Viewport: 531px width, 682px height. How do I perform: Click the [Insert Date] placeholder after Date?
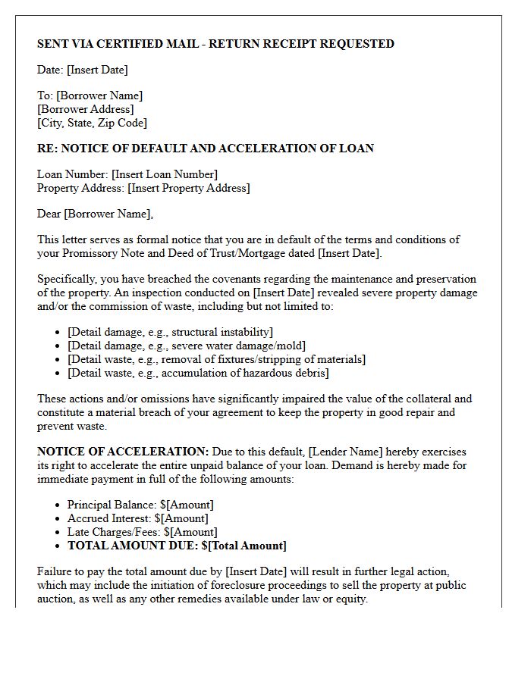point(97,70)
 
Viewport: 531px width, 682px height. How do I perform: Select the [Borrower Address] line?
point(86,109)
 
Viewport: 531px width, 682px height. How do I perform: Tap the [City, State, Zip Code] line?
point(92,123)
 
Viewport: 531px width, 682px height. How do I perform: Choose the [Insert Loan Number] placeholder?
point(165,174)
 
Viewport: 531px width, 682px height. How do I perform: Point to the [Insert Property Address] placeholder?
point(189,188)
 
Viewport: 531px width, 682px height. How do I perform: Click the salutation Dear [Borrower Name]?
point(95,214)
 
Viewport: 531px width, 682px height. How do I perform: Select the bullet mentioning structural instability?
point(170,332)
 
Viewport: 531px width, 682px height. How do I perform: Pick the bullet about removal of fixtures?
point(216,359)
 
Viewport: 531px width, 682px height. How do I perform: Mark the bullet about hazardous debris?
point(198,373)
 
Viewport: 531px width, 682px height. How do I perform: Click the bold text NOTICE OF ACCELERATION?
point(123,452)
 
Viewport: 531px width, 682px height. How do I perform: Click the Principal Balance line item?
point(140,505)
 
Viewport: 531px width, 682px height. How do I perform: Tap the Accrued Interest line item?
point(137,518)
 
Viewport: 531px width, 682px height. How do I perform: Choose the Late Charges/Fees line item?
point(142,532)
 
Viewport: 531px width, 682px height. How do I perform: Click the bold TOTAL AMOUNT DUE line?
point(177,546)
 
